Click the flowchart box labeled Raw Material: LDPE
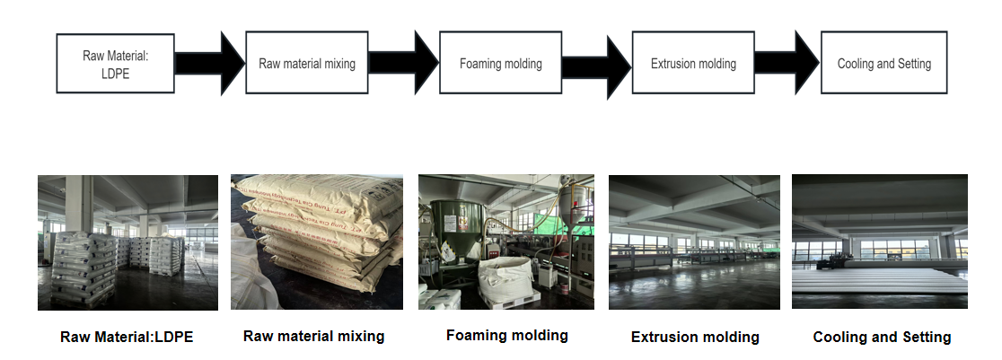[x=115, y=64]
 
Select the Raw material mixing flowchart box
[x=307, y=64]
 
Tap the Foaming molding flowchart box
[x=500, y=64]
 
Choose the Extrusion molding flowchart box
[x=692, y=64]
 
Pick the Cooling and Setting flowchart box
[x=883, y=64]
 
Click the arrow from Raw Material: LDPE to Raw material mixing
[x=209, y=63]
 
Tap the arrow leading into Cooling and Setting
[x=787, y=63]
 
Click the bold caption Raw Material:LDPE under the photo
[x=127, y=338]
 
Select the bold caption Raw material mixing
[x=313, y=336]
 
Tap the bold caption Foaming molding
[x=506, y=335]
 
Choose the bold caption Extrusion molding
[x=695, y=338]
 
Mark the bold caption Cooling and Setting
[x=882, y=338]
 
